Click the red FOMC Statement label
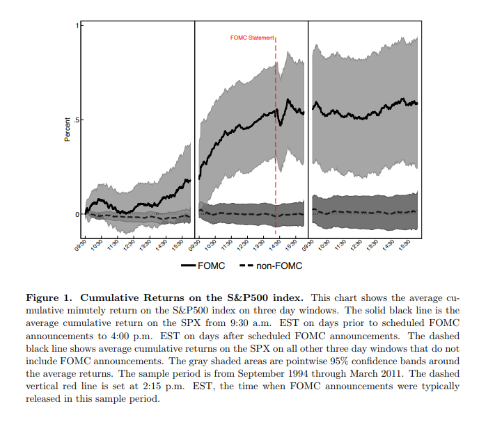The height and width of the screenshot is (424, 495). (x=253, y=38)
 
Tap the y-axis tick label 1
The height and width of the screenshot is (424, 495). (x=77, y=25)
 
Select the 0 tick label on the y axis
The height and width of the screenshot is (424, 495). (x=77, y=214)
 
